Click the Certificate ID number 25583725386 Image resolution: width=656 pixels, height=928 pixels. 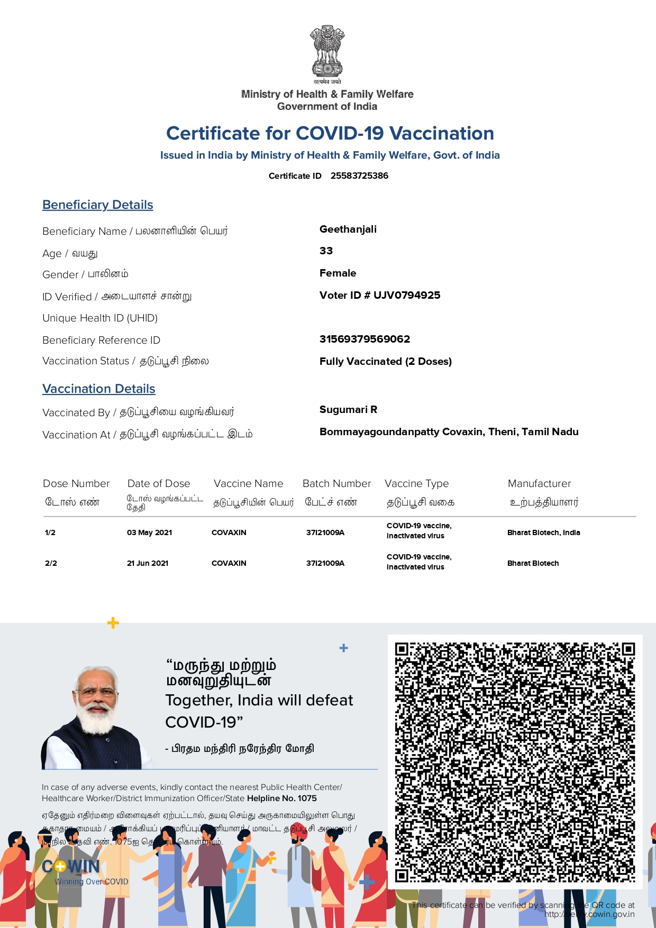[359, 176]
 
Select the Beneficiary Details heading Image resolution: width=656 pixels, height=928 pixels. [98, 205]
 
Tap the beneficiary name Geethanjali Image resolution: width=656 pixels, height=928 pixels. [348, 229]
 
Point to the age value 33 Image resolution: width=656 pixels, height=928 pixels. [326, 251]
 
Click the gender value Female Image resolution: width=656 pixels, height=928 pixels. [338, 273]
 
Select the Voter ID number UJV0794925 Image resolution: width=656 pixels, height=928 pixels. [406, 295]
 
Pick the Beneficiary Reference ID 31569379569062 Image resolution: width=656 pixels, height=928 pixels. [365, 339]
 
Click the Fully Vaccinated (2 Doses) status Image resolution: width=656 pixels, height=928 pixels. [385, 361]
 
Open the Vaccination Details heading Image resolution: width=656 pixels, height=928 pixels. [99, 389]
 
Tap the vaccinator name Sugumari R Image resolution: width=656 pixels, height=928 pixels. [348, 409]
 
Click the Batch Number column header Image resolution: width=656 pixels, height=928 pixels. [336, 483]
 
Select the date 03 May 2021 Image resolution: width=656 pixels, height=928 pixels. [149, 532]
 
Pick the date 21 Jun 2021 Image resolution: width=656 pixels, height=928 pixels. [148, 563]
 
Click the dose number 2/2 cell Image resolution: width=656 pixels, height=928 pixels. [51, 563]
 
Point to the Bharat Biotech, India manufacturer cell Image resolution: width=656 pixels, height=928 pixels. [543, 532]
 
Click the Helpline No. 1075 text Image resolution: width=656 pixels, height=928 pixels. [281, 798]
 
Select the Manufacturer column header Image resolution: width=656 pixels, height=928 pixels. [539, 483]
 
